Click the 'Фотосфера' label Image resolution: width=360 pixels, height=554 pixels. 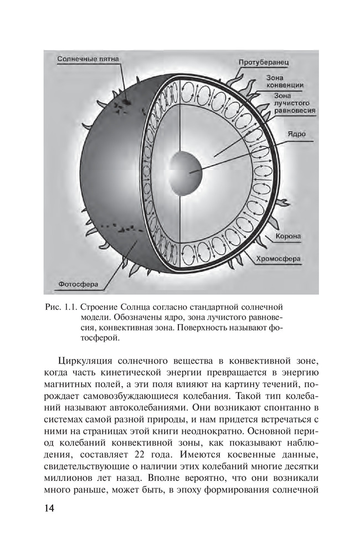pos(78,285)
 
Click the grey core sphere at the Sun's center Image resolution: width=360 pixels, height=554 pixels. pos(186,171)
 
